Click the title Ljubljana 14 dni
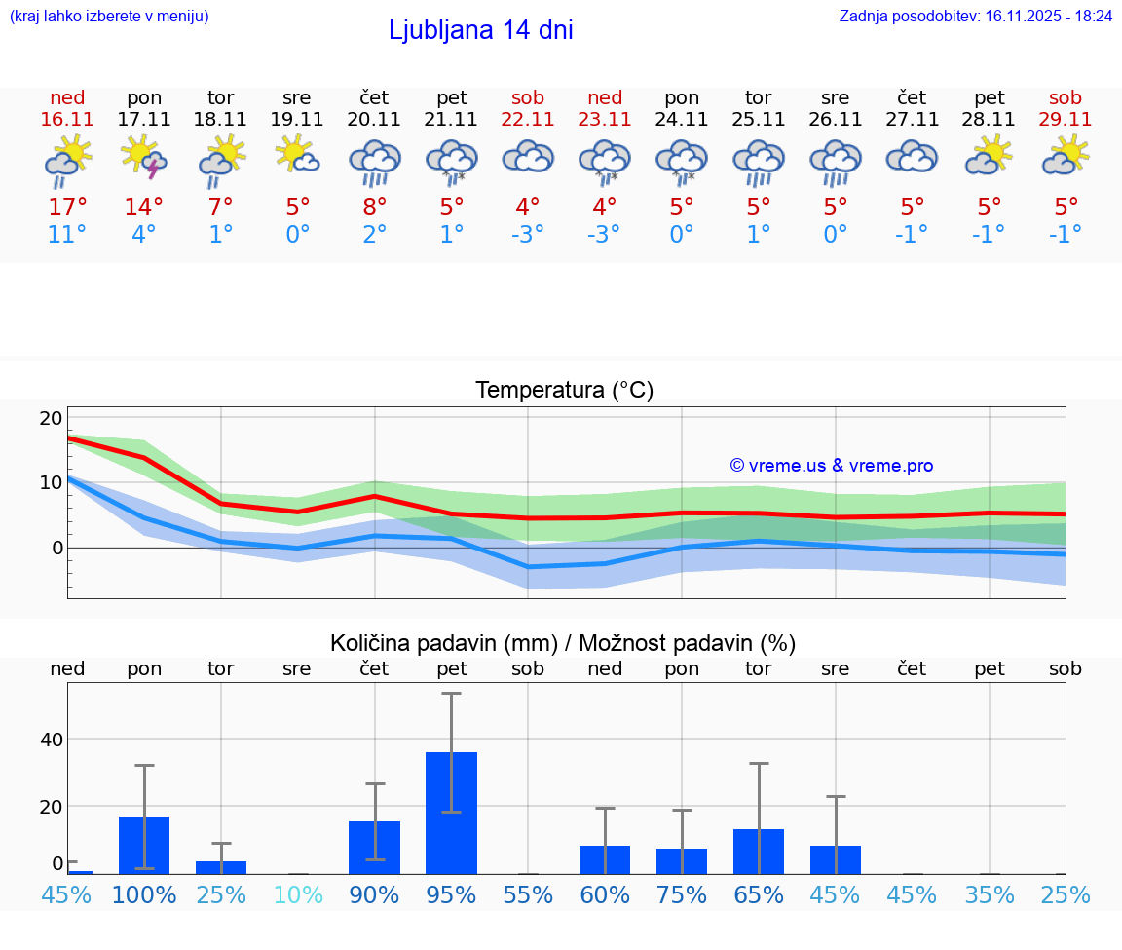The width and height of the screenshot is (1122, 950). tap(480, 30)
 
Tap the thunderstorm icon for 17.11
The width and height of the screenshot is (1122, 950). tap(143, 158)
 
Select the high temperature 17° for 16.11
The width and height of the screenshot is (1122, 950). tap(67, 208)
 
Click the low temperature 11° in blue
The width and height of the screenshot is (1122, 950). tap(67, 234)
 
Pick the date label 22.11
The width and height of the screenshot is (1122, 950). tap(528, 119)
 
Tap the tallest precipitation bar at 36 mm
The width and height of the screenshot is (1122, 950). tap(451, 813)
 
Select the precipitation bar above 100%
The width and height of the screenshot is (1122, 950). tap(144, 845)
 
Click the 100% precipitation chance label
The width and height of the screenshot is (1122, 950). tap(144, 894)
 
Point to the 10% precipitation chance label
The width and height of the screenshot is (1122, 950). tap(297, 894)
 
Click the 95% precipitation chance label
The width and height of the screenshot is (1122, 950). tap(451, 894)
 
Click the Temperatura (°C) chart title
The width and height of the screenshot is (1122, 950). tap(564, 391)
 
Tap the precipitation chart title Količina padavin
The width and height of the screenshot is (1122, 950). tap(563, 643)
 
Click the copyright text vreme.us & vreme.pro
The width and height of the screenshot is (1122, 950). tap(832, 466)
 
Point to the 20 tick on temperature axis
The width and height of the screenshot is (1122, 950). tap(51, 418)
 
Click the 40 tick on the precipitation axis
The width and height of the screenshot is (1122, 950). tap(51, 740)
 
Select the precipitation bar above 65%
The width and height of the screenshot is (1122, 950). tap(759, 852)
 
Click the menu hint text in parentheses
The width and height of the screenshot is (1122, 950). tap(109, 16)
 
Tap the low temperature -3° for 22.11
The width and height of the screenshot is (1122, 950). tap(528, 234)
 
